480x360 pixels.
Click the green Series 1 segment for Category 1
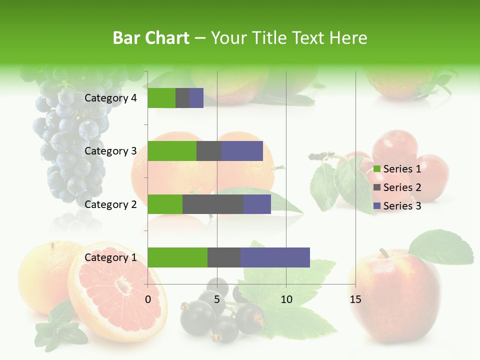click(177, 257)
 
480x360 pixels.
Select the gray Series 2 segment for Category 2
click(213, 204)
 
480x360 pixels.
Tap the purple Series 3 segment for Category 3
click(242, 151)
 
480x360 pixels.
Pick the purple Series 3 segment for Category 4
click(196, 98)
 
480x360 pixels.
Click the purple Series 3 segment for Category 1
click(275, 257)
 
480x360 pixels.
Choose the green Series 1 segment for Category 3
click(172, 151)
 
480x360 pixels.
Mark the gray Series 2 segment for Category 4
click(182, 98)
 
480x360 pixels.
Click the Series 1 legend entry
click(397, 169)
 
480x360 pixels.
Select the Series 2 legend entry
click(397, 187)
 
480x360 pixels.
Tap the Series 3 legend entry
click(397, 206)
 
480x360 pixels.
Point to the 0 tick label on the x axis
click(148, 299)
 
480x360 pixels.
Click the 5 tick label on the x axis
click(217, 299)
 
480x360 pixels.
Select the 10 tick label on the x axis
click(286, 299)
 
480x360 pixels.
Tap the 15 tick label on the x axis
click(355, 299)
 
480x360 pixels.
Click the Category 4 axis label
click(110, 98)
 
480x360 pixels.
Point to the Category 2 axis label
click(110, 204)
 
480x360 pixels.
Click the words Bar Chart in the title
click(151, 38)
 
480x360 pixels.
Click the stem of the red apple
click(384, 252)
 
